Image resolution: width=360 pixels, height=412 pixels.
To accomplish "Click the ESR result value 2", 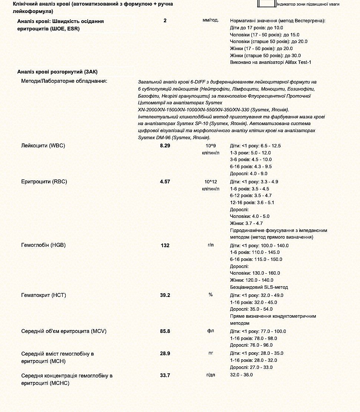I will (165, 21).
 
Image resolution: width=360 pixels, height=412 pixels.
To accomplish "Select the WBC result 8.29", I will (165, 145).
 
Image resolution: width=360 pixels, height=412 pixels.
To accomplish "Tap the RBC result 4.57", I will (165, 182).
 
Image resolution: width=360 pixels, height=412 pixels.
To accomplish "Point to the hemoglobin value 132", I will (165, 245).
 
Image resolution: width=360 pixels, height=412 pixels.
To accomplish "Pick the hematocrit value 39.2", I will (165, 295).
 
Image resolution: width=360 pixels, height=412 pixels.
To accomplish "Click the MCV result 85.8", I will (165, 331).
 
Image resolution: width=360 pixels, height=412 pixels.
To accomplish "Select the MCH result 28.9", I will (165, 353).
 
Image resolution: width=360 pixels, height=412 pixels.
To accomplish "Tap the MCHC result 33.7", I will (165, 375).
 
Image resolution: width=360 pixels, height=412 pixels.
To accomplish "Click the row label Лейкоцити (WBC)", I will (43, 145).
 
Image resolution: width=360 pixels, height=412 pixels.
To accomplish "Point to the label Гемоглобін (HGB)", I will (43, 245).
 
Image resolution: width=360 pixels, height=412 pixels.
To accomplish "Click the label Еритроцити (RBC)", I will (44, 182).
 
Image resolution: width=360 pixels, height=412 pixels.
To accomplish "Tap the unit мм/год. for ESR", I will (210, 20).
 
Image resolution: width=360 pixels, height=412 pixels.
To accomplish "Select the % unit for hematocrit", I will (210, 295).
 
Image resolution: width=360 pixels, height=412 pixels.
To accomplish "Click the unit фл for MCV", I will (210, 331).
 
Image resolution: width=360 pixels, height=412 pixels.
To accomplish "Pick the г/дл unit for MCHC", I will (210, 375).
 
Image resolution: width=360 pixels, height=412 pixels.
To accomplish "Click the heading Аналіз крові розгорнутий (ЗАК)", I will (58, 72).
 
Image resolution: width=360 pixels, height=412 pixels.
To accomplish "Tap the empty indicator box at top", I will (266, 4).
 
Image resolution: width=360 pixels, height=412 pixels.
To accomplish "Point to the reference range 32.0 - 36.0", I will (241, 375).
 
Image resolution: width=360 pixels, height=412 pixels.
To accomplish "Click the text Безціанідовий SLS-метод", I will (259, 287).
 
